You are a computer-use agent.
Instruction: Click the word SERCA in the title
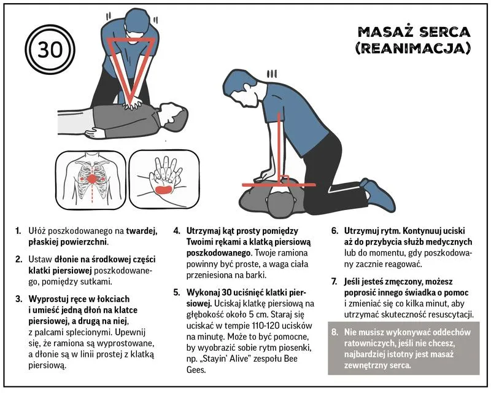444,32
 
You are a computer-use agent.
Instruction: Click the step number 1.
18,231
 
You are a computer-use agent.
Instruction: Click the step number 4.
176,231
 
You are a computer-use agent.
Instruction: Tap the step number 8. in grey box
334,332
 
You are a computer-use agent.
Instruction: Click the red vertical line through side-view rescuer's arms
279,147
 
